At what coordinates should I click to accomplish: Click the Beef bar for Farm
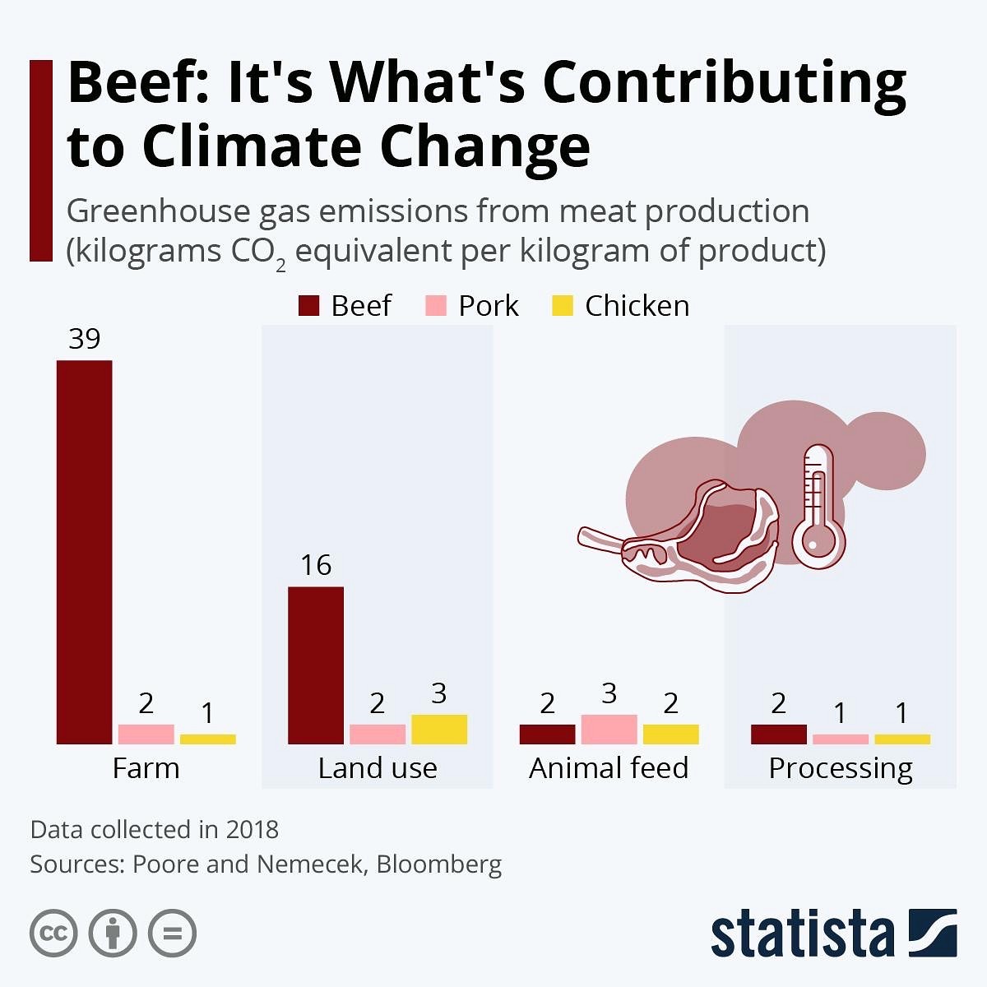[x=84, y=552]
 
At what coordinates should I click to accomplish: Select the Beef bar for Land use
[x=316, y=665]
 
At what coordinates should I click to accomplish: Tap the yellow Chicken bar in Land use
[x=439, y=730]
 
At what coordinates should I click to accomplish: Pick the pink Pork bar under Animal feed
[x=609, y=730]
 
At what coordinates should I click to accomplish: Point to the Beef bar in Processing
[x=778, y=734]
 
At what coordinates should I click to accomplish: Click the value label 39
[x=84, y=339]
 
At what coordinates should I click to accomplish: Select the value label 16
[x=316, y=566]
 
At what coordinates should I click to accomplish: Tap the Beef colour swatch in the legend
[x=308, y=306]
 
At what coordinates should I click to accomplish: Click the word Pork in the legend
[x=489, y=306]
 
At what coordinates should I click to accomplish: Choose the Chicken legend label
[x=637, y=306]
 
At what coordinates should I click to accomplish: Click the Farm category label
[x=146, y=768]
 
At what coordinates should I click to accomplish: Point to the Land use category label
[x=378, y=768]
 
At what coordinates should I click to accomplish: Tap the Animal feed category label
[x=609, y=768]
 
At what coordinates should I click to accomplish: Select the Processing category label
[x=841, y=768]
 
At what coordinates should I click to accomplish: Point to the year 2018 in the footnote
[x=252, y=829]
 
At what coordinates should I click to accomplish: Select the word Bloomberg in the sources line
[x=439, y=864]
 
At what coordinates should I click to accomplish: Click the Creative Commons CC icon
[x=53, y=934]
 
